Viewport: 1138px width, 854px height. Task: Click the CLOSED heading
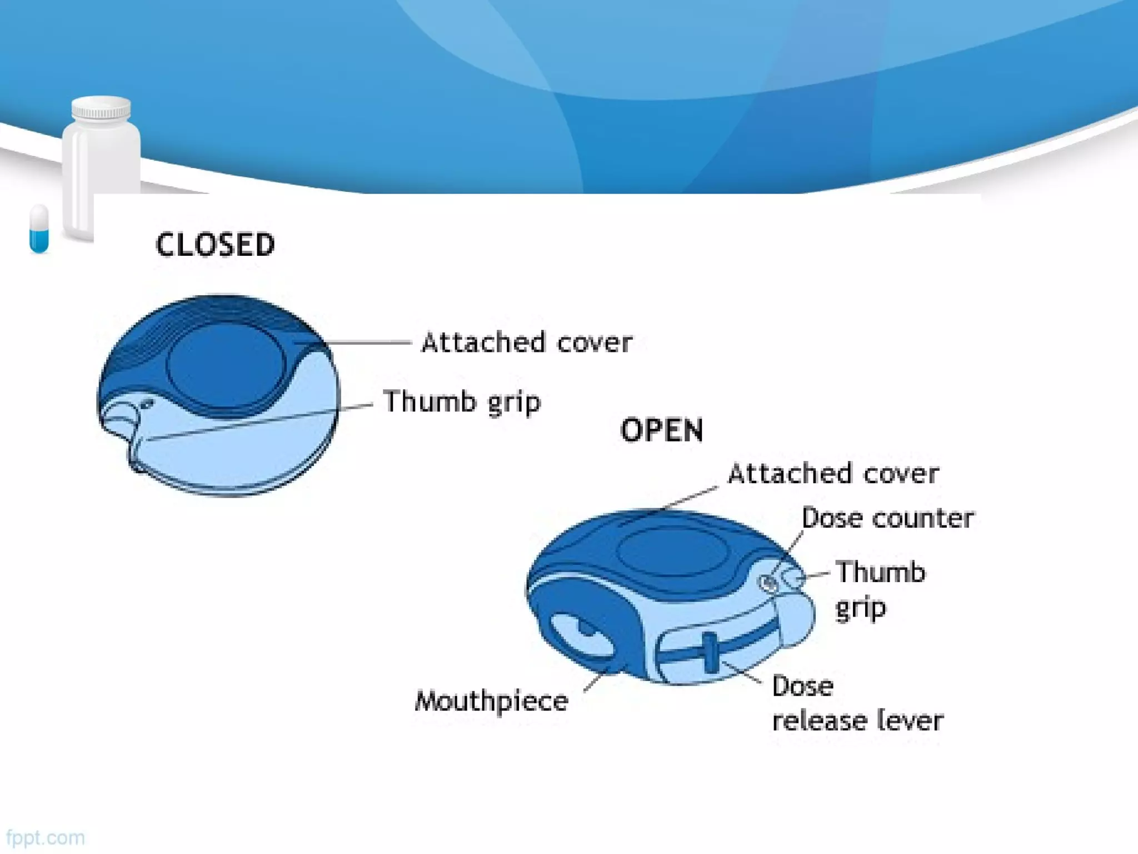[x=215, y=245]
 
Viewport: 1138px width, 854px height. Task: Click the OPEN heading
[x=661, y=430]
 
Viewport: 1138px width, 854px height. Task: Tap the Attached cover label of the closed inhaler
[x=527, y=342]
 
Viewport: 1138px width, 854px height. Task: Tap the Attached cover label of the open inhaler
[x=833, y=474]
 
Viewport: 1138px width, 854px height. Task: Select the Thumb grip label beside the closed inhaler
[x=461, y=401]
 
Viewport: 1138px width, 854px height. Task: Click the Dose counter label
[x=887, y=518]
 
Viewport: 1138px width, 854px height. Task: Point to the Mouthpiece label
[x=492, y=701]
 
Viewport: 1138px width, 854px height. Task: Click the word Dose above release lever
[x=802, y=686]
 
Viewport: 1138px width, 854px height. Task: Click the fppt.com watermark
[x=46, y=837]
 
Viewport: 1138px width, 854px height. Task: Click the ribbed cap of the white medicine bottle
[x=101, y=108]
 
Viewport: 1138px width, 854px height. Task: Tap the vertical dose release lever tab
[x=710, y=652]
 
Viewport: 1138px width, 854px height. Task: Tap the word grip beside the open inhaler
[x=860, y=608]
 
